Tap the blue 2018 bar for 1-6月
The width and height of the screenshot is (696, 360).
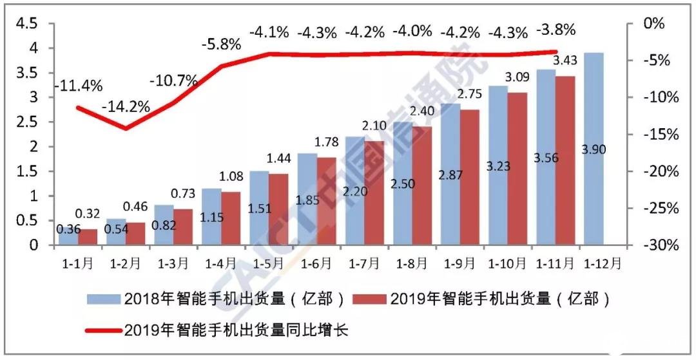tap(307, 200)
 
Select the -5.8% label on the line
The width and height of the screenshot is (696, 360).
tap(220, 45)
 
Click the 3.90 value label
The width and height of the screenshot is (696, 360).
tap(594, 149)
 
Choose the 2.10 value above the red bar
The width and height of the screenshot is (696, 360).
tap(374, 126)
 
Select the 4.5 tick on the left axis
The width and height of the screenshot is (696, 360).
tap(26, 24)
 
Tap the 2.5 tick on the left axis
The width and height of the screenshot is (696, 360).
tap(26, 122)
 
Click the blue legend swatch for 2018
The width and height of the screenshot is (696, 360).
tap(103, 299)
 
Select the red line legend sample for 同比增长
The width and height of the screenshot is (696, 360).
tap(103, 330)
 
